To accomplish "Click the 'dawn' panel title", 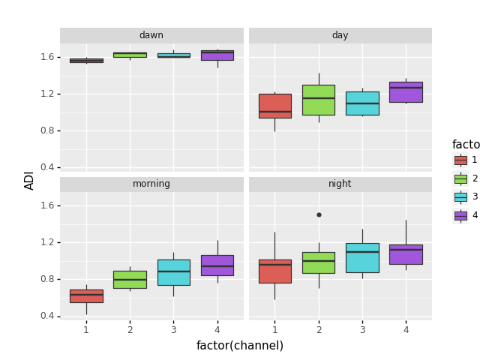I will (151, 35).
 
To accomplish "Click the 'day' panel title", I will (340, 35).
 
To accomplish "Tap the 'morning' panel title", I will (151, 184).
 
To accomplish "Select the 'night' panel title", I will (340, 184).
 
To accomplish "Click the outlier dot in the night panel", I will (319, 214).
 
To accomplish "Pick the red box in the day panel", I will (274, 106).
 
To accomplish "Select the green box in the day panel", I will (318, 100).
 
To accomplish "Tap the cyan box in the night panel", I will (362, 257).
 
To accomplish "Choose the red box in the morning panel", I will (86, 295).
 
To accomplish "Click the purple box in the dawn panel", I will (217, 55).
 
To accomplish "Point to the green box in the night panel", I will (318, 262).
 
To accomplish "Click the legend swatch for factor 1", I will (460, 160).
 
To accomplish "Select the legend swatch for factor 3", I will (460, 196).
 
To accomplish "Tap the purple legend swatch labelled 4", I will (460, 215).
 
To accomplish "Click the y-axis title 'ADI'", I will (30, 180).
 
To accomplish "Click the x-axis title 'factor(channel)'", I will (240, 346).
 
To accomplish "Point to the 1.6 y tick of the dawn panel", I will (46, 57).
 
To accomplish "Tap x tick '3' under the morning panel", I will (173, 329).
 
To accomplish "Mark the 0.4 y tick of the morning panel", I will (46, 316).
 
